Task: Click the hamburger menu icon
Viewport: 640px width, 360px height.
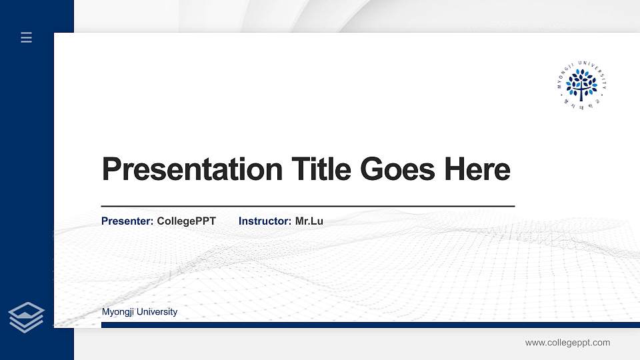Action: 27,37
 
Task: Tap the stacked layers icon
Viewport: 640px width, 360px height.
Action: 27,317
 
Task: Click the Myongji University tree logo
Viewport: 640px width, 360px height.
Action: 581,85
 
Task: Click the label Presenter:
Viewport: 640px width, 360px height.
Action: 127,221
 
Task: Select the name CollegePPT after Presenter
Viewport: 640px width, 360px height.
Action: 186,221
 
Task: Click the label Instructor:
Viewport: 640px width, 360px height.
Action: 265,221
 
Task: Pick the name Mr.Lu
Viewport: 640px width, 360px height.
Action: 309,221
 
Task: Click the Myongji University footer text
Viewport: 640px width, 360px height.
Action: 139,312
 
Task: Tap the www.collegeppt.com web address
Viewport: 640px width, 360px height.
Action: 567,343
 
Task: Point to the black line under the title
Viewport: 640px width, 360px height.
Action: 307,207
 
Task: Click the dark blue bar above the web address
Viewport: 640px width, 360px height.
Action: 370,325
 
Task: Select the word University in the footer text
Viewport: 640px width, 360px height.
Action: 159,312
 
